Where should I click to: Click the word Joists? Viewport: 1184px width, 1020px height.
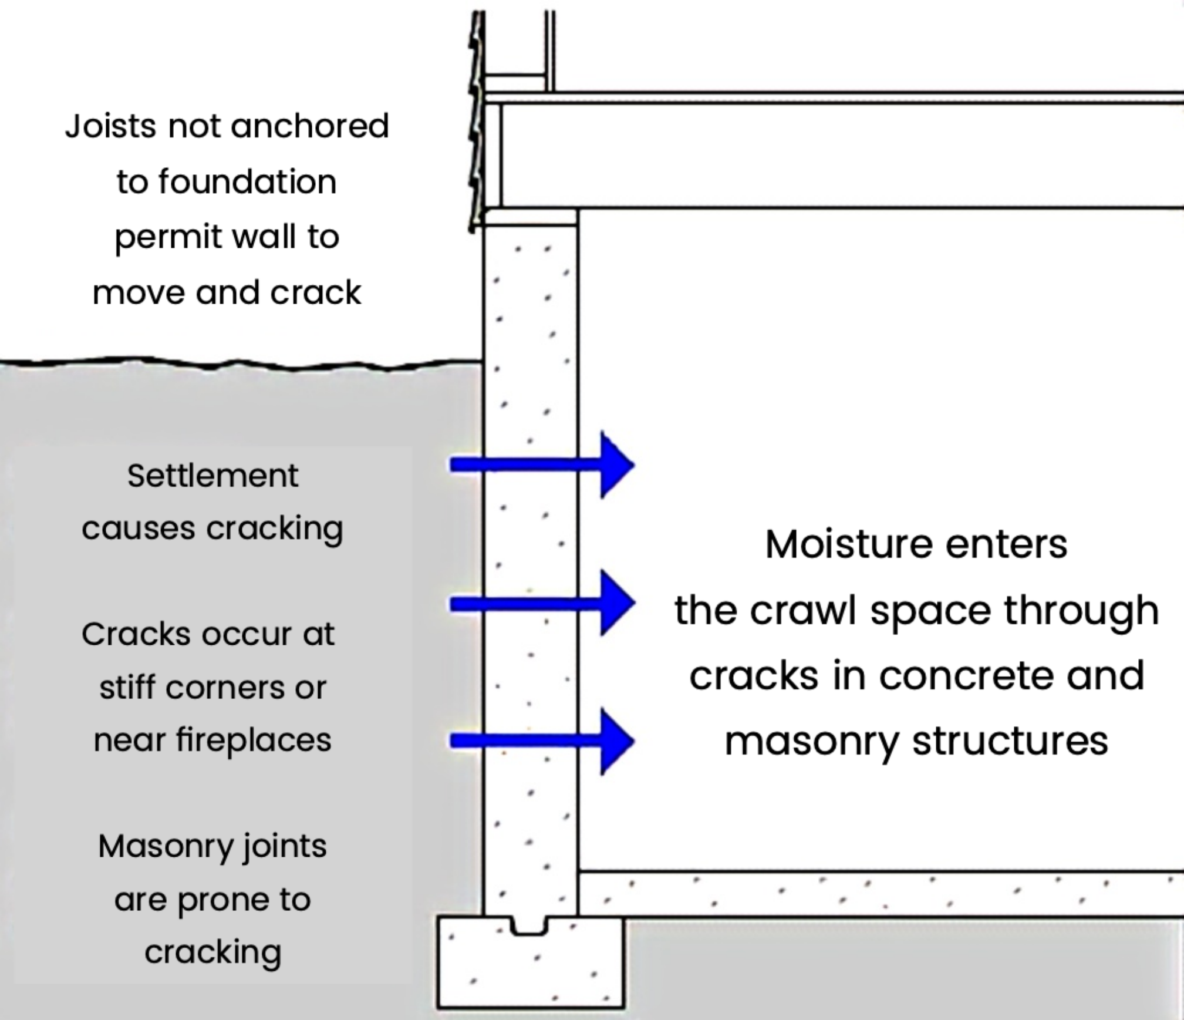click(110, 126)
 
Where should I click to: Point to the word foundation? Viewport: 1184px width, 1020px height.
click(247, 181)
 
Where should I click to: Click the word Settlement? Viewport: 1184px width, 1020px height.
click(212, 476)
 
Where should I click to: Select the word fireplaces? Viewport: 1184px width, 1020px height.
click(254, 740)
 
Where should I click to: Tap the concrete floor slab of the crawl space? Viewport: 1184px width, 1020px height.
click(881, 894)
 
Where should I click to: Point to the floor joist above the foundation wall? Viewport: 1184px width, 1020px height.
click(822, 156)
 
